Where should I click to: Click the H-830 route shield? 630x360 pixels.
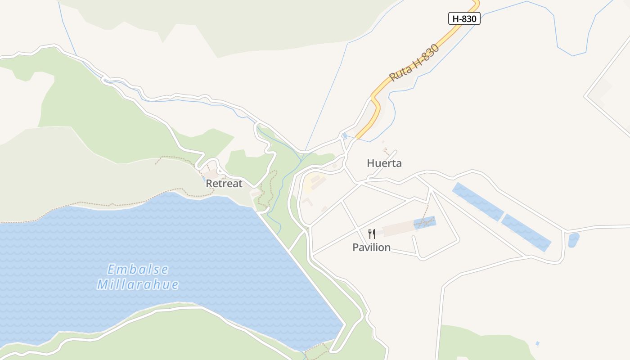[x=464, y=18]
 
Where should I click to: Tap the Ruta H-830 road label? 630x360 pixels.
[x=414, y=63]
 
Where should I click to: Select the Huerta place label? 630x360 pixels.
[x=384, y=163]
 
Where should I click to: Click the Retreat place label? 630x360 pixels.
[x=224, y=184]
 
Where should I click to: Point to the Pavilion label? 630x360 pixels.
[x=371, y=247]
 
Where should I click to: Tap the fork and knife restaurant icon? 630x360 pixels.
[x=372, y=234]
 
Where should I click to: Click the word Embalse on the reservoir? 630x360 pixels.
[x=138, y=270]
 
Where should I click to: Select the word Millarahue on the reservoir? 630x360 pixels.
[x=138, y=284]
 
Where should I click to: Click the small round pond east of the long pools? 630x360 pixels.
[x=573, y=240]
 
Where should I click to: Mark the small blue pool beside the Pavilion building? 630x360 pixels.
[x=425, y=223]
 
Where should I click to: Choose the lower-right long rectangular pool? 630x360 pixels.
[x=526, y=232]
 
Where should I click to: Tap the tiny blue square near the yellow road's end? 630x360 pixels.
[x=344, y=135]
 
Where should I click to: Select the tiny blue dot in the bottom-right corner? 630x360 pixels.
[x=537, y=344]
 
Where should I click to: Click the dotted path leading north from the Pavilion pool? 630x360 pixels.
[x=425, y=211]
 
